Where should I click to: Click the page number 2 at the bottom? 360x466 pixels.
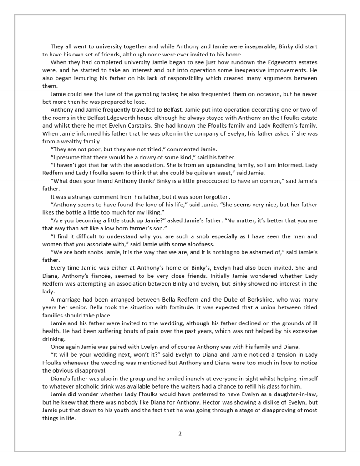pos(180,434)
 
